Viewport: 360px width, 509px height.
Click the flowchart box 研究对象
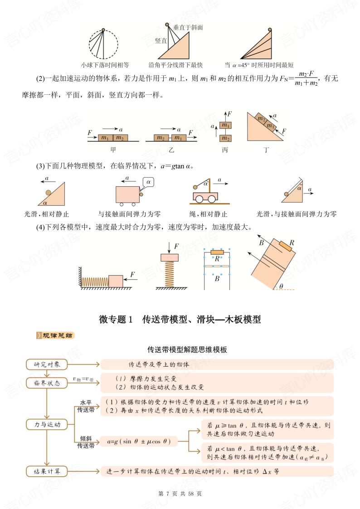[47, 364]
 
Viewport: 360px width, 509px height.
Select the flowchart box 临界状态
[47, 383]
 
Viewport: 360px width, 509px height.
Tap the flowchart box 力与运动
[47, 425]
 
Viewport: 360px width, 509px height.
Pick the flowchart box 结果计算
[47, 471]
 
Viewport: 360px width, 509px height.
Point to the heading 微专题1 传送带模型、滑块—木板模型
[180, 319]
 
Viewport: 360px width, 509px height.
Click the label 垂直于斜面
[188, 28]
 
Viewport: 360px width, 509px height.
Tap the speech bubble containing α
[149, 182]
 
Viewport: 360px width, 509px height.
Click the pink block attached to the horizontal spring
[116, 281]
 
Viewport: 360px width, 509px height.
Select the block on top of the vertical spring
[169, 257]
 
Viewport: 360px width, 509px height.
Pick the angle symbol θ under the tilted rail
[281, 286]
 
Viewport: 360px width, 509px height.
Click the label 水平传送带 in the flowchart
[86, 406]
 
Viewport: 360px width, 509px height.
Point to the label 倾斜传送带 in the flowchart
[86, 442]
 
